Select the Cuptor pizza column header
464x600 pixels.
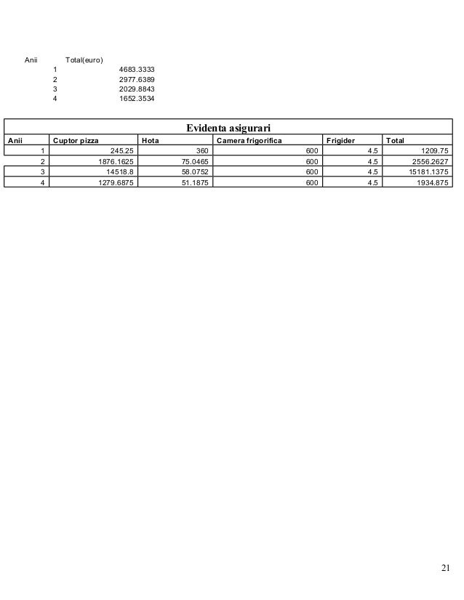pyautogui.click(x=76, y=140)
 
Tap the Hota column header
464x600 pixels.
pyautogui.click(x=151, y=140)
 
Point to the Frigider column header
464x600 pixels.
pyautogui.click(x=341, y=140)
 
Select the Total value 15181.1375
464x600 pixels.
pyautogui.click(x=428, y=171)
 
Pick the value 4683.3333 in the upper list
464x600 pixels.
pyautogui.click(x=137, y=70)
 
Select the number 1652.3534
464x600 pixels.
pyautogui.click(x=137, y=98)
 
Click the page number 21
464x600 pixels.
pyautogui.click(x=446, y=568)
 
